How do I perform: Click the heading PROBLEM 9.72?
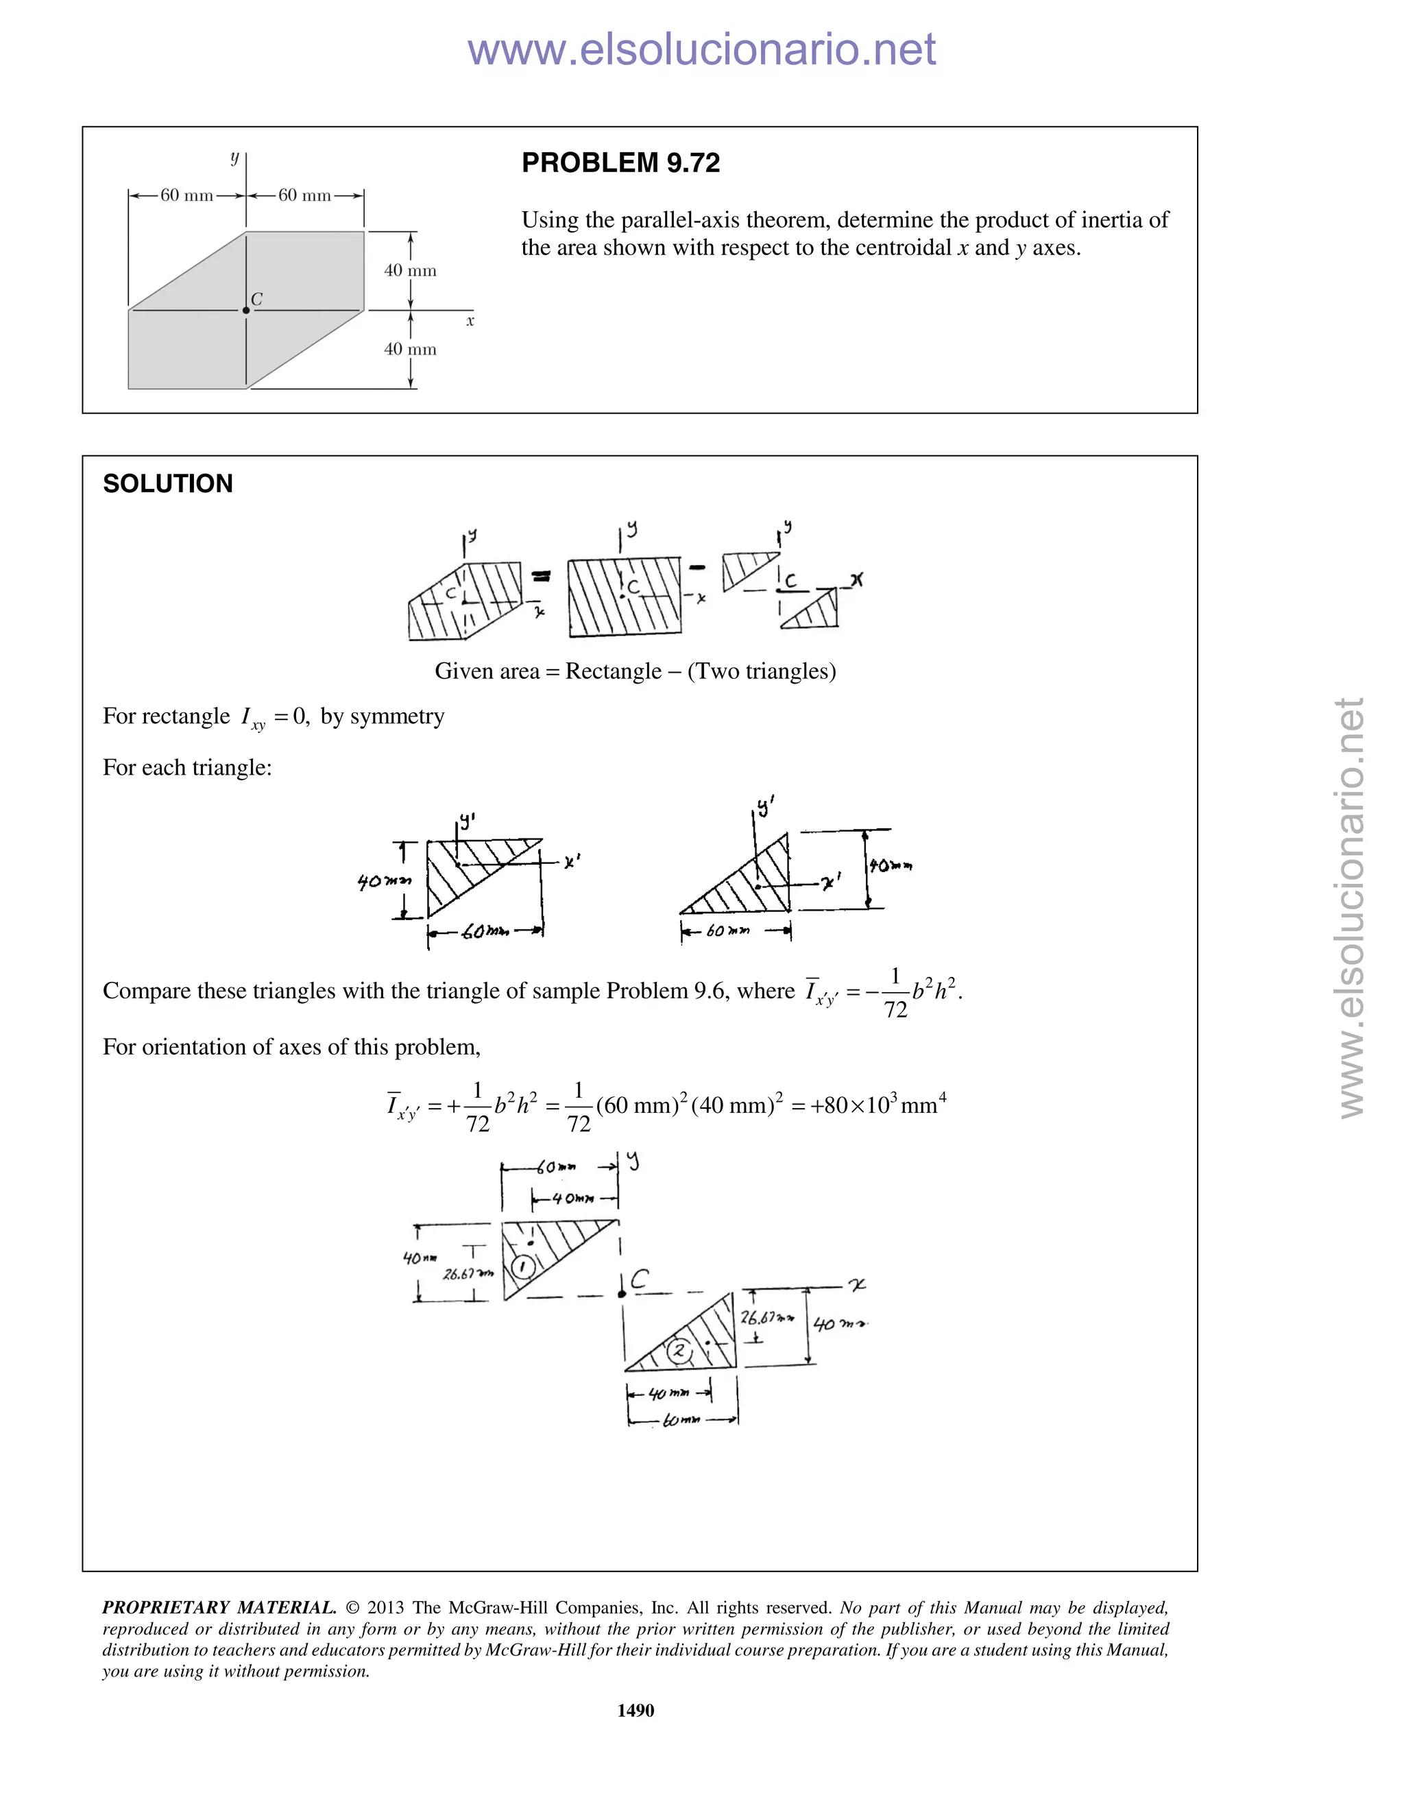pyautogui.click(x=620, y=163)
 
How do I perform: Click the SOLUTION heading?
pyautogui.click(x=167, y=483)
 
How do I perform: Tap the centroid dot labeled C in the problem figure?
pyautogui.click(x=245, y=311)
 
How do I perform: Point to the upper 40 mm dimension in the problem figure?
pyautogui.click(x=410, y=270)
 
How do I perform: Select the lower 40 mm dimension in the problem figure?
pyautogui.click(x=410, y=350)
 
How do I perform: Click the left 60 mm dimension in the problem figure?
pyautogui.click(x=186, y=195)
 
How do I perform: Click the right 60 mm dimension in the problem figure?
pyautogui.click(x=304, y=195)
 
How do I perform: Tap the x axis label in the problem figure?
pyautogui.click(x=470, y=321)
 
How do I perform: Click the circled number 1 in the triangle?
pyautogui.click(x=522, y=1267)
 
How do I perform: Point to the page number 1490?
pyautogui.click(x=636, y=1709)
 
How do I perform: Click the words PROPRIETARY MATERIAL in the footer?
pyautogui.click(x=219, y=1607)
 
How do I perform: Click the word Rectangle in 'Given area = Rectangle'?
pyautogui.click(x=613, y=671)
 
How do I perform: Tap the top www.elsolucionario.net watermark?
pyautogui.click(x=701, y=49)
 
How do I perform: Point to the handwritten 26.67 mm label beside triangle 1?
pyautogui.click(x=468, y=1273)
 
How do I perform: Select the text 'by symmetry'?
pyautogui.click(x=383, y=717)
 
